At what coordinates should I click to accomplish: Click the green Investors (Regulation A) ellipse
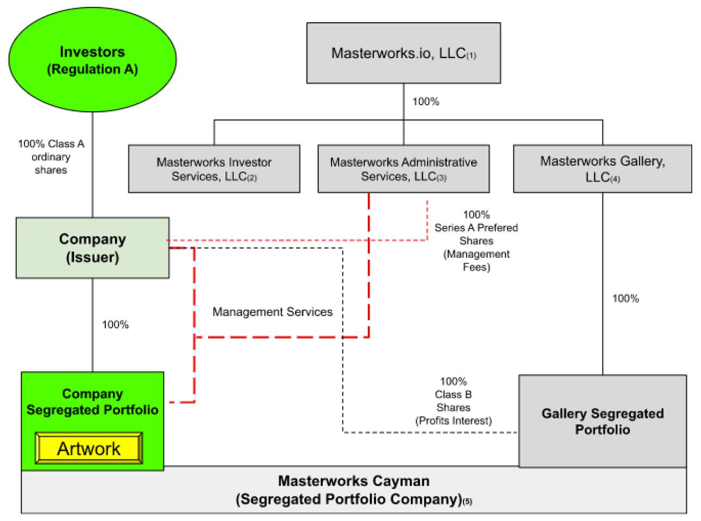point(92,60)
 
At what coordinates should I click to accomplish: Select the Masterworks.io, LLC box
point(403,53)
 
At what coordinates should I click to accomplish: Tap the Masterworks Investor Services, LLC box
point(214,169)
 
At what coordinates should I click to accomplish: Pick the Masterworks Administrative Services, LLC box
point(403,169)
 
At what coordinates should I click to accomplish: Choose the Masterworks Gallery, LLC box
point(602,169)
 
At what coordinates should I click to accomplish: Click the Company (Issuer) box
point(92,248)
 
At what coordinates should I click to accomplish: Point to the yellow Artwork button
point(89,448)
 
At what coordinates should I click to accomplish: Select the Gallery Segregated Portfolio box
point(602,421)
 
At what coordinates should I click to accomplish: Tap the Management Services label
point(272,312)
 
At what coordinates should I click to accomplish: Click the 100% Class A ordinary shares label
point(51,157)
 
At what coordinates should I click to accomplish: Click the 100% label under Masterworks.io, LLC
point(425,101)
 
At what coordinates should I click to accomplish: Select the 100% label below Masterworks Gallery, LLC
point(625,298)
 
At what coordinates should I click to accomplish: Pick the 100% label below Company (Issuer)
point(115,325)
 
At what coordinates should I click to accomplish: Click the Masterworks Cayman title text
point(353,481)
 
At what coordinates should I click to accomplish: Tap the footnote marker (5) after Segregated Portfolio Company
point(467,502)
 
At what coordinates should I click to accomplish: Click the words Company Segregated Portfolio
point(92,402)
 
